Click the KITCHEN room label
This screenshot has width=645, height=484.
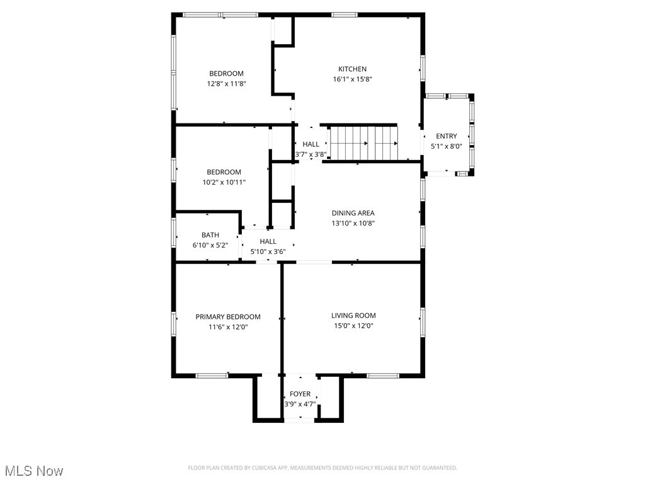352,69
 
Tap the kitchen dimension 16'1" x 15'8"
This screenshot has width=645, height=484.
353,79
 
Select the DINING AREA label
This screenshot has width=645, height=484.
353,213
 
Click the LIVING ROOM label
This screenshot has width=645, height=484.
353,316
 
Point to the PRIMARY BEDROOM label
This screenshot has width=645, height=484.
228,317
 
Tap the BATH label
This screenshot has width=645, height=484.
210,235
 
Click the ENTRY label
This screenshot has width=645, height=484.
447,136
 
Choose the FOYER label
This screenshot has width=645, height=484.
300,394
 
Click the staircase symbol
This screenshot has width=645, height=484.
365,143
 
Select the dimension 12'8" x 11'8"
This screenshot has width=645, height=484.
226,83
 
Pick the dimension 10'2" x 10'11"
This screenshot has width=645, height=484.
224,182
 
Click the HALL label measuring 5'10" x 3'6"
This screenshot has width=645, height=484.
268,241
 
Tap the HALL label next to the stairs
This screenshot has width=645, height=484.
311,144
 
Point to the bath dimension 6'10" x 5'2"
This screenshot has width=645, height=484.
210,245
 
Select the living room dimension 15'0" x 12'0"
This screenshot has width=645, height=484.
353,326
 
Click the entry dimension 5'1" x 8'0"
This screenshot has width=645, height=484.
447,146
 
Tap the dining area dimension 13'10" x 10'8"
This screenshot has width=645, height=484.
353,223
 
